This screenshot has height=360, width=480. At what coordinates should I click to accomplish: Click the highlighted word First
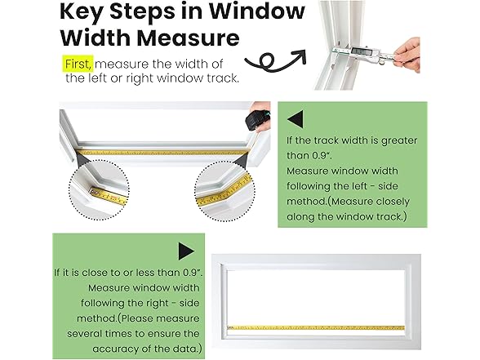(x=78, y=62)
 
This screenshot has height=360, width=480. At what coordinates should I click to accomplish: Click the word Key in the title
(x=88, y=13)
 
